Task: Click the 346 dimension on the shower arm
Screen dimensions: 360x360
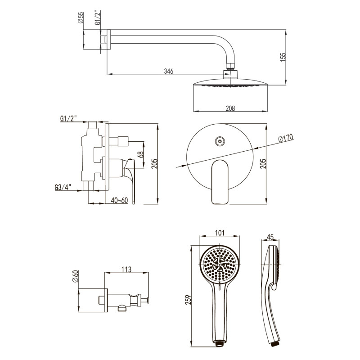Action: (x=168, y=71)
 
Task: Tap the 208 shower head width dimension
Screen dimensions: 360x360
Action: (x=230, y=108)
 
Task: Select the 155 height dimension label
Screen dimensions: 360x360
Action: (x=283, y=57)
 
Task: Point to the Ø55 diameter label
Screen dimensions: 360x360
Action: (x=81, y=18)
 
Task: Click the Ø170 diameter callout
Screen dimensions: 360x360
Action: (x=286, y=138)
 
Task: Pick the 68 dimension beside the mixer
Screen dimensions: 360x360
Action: (x=141, y=154)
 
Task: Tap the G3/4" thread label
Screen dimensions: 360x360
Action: (x=63, y=187)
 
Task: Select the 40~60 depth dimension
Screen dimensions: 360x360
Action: (x=119, y=200)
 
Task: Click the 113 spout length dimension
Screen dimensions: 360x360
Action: (x=126, y=269)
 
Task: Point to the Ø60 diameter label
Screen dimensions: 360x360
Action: (x=76, y=276)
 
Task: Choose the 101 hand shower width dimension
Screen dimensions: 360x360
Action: (x=220, y=233)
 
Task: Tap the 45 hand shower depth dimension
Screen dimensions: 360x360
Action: (x=270, y=237)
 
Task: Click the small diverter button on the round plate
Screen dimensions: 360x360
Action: (x=220, y=141)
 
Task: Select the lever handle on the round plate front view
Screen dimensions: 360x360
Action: (x=220, y=182)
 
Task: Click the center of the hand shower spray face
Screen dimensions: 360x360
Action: (x=220, y=265)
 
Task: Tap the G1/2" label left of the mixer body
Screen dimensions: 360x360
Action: (x=68, y=118)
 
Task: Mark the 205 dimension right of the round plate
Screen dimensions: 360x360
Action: (x=263, y=163)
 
